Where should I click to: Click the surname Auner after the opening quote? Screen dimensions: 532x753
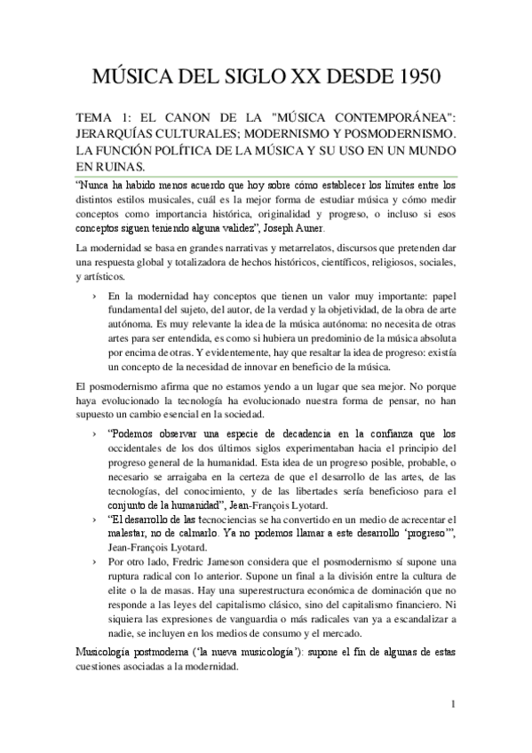point(329,226)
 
